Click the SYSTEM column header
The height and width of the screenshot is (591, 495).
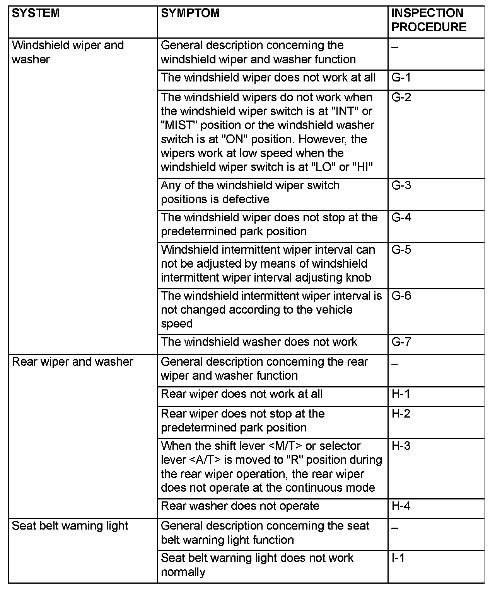(36, 14)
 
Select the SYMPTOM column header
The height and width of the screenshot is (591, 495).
(190, 14)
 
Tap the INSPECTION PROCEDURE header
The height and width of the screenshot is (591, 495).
(429, 20)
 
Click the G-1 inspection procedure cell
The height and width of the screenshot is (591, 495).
(401, 78)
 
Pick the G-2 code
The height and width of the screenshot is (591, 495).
(401, 97)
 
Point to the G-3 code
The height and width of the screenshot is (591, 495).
(401, 185)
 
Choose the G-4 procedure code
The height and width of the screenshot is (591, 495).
(401, 217)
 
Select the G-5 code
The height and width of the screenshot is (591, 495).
(401, 250)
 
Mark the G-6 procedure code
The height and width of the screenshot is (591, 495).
(401, 296)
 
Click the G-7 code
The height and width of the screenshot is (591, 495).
(401, 342)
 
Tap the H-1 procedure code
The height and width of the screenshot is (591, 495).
(401, 394)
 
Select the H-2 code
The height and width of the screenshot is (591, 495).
(401, 414)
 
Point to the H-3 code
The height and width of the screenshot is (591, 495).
(401, 446)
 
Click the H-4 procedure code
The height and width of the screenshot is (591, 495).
(401, 506)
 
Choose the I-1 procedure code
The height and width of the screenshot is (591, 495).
(398, 558)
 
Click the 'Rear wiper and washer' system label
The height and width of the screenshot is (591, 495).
(73, 362)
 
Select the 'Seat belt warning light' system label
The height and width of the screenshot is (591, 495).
(70, 526)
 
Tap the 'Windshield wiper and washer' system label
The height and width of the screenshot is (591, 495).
(68, 52)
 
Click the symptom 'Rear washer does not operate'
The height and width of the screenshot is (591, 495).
(240, 506)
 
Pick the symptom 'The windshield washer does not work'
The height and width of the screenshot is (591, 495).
(259, 342)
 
